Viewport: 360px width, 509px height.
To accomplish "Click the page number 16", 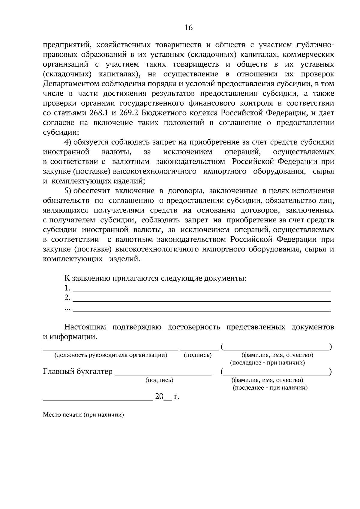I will [188, 28].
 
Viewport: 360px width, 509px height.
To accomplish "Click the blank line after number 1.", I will [202, 290].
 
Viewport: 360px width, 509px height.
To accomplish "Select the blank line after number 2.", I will [202, 300].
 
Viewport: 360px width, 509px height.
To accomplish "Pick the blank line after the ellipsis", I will [202, 310].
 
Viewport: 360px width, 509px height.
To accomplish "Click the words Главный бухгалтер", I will [78, 372].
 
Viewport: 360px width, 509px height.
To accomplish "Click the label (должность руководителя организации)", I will [110, 356].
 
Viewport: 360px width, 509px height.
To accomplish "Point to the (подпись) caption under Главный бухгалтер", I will [159, 380].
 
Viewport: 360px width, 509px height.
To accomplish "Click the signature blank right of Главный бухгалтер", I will [163, 374].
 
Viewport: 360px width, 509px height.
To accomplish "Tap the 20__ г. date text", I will [167, 397].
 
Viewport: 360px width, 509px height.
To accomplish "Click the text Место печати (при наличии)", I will [83, 415].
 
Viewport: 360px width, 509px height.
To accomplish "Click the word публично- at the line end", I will [315, 45].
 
